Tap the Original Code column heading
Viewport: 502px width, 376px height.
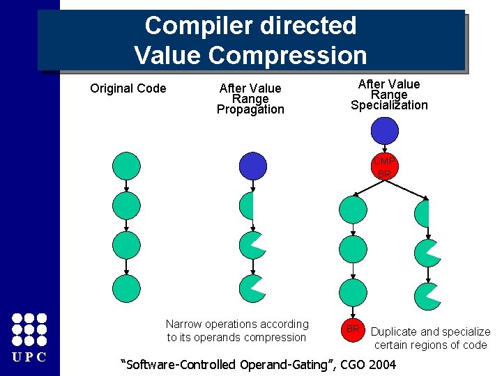[128, 88]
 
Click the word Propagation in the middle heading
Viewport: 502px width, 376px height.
[250, 109]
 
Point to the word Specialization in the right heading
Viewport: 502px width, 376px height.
[389, 105]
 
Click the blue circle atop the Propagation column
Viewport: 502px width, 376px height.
[253, 166]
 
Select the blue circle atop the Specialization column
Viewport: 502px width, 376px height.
[384, 131]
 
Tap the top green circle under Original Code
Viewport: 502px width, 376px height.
[126, 166]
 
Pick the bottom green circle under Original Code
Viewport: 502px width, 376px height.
[126, 288]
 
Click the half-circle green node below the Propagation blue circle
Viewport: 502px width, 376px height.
[247, 206]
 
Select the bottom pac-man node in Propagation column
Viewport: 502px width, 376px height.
[252, 288]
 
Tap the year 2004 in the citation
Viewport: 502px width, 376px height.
[381, 364]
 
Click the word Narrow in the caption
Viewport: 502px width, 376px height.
[183, 324]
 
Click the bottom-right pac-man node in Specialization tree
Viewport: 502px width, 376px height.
[427, 296]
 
